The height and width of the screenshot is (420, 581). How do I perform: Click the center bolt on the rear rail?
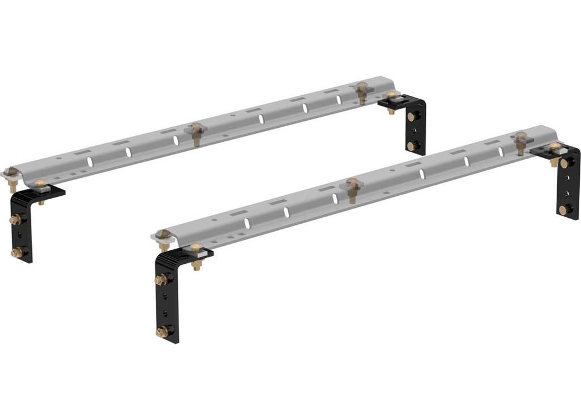tap(196, 128)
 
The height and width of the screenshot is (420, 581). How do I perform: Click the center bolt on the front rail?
tap(352, 185)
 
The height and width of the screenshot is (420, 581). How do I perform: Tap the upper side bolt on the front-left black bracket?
tap(161, 279)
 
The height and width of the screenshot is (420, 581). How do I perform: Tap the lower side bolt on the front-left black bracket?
tap(162, 332)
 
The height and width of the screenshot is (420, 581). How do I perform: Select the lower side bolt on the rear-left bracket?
tap(16, 253)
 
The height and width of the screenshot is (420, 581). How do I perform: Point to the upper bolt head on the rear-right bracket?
tap(412, 117)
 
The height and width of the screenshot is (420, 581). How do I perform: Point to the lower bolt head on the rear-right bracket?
tap(411, 146)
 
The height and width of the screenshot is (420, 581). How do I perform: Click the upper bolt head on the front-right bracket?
tap(562, 163)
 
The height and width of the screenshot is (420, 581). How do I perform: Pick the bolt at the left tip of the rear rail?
tap(11, 172)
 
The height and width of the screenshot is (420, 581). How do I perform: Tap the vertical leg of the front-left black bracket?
tap(168, 302)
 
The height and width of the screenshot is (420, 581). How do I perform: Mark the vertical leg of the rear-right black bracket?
tap(417, 131)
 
